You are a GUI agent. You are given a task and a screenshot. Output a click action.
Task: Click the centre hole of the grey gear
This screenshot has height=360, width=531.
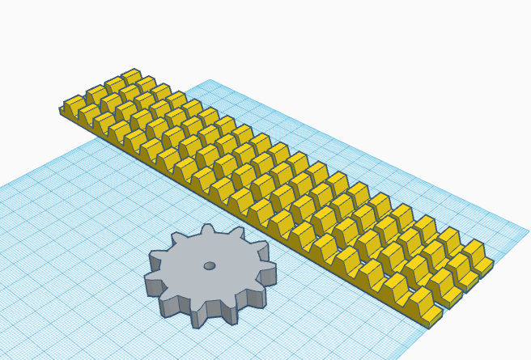point(209,265)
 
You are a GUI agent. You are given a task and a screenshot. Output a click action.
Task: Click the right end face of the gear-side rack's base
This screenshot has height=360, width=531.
point(435,319)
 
